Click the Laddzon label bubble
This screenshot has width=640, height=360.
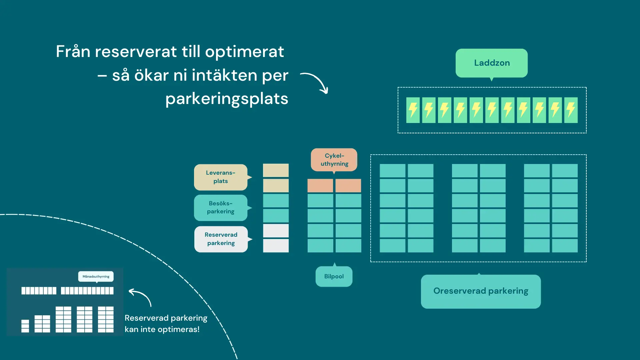[x=491, y=63]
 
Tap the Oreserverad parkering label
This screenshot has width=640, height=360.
[x=481, y=291]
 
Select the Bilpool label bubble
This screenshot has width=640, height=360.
[x=334, y=276]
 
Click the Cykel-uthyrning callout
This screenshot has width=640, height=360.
[x=334, y=160]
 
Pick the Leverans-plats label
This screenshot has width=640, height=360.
[x=221, y=177]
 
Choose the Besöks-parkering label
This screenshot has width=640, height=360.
[x=221, y=207]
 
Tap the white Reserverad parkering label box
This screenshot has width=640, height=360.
[x=221, y=239]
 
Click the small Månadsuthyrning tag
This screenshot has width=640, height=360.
[x=96, y=276]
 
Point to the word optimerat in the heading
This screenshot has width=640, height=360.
[x=244, y=52]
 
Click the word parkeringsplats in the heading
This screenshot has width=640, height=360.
[x=227, y=99]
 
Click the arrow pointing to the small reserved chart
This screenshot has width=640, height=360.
[x=140, y=296]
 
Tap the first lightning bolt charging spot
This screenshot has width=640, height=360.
[x=413, y=110]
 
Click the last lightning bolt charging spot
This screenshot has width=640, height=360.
[x=571, y=110]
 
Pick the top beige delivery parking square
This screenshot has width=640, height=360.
[x=276, y=170]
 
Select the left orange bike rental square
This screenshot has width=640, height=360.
[x=320, y=185]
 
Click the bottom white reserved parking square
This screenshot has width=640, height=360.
[x=276, y=246]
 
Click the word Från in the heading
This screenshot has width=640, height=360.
[x=73, y=52]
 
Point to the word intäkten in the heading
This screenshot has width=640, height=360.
[x=224, y=75]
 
